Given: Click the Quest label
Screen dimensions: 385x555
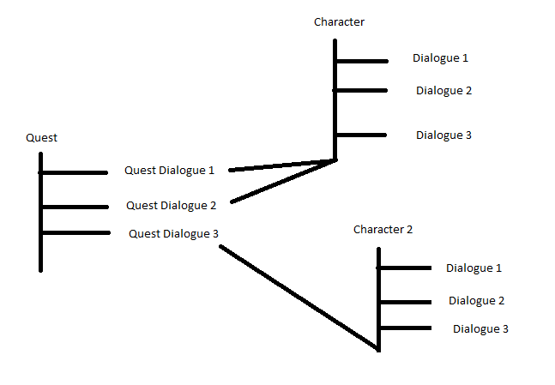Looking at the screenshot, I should (41, 137).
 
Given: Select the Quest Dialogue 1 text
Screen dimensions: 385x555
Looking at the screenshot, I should (170, 170).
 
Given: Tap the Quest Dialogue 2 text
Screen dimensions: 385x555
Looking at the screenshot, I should (172, 205).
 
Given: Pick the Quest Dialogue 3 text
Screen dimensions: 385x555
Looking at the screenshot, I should (174, 233).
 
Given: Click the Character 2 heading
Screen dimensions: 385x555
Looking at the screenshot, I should (383, 230).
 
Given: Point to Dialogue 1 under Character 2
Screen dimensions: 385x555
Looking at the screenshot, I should (474, 268).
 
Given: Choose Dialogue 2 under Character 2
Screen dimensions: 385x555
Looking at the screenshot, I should (476, 300).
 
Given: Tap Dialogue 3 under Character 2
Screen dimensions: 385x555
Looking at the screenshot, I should (480, 328).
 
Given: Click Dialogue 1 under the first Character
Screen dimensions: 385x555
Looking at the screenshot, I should (440, 58).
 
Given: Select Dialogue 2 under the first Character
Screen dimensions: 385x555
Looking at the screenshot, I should (443, 90).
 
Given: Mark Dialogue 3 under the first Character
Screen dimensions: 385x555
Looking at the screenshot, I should (443, 135).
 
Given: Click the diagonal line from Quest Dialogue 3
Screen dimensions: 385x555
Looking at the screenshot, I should (299, 298).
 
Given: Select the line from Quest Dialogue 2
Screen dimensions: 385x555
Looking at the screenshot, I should (283, 181).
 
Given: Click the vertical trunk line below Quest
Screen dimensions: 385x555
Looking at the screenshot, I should (40, 249).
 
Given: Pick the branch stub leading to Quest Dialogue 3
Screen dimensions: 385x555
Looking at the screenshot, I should (75, 232).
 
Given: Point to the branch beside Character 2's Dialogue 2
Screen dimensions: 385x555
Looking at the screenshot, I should (405, 301).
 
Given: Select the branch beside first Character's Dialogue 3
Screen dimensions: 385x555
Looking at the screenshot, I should (362, 135).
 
